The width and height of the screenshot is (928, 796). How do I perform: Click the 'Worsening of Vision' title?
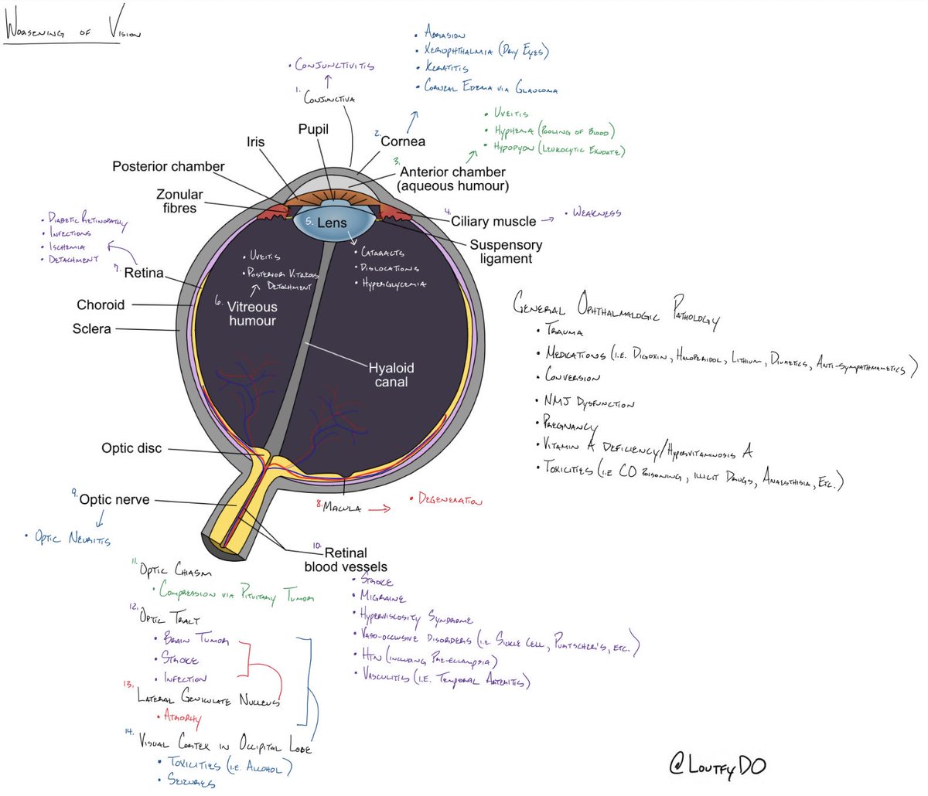click(73, 33)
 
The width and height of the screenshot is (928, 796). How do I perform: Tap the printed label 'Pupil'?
click(313, 129)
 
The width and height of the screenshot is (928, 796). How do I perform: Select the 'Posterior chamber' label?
click(168, 166)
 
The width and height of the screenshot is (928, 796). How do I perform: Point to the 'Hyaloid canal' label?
click(391, 375)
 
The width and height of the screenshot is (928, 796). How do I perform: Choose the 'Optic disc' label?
click(131, 448)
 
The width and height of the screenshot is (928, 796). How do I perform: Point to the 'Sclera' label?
click(91, 328)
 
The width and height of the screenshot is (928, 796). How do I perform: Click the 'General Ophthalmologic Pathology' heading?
click(616, 308)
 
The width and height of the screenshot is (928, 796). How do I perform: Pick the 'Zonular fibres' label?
click(179, 201)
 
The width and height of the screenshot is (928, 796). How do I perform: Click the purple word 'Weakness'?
click(596, 213)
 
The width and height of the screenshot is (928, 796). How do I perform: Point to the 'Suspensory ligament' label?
click(506, 252)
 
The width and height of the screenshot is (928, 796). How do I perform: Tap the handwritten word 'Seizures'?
click(192, 781)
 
